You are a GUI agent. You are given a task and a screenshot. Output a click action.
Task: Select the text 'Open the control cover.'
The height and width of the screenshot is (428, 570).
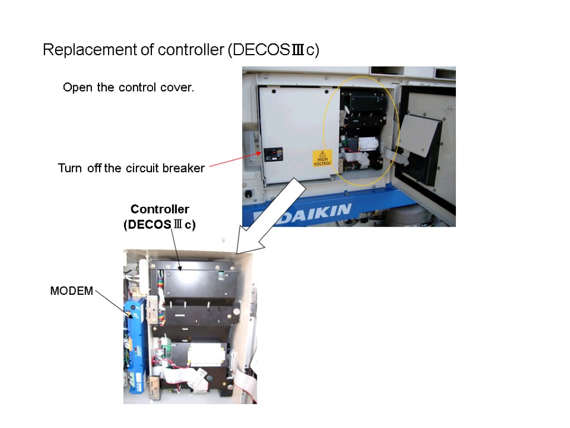[129, 87]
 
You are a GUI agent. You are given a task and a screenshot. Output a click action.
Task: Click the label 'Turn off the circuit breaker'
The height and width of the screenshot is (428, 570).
[131, 168]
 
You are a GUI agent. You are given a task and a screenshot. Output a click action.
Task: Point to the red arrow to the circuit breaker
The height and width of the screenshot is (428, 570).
[233, 160]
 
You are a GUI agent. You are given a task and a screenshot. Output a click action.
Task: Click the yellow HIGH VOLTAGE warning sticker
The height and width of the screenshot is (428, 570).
[322, 158]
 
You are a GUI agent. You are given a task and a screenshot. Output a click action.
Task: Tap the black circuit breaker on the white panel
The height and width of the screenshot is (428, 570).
[273, 154]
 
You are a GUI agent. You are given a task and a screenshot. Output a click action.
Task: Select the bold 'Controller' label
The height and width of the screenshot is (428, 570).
[160, 209]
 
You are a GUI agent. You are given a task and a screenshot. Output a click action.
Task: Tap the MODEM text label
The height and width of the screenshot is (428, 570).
[72, 291]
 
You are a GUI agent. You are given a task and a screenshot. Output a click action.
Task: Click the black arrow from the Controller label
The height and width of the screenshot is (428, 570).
[175, 251]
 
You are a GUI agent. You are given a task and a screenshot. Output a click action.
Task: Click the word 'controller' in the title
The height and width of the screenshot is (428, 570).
[190, 50]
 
